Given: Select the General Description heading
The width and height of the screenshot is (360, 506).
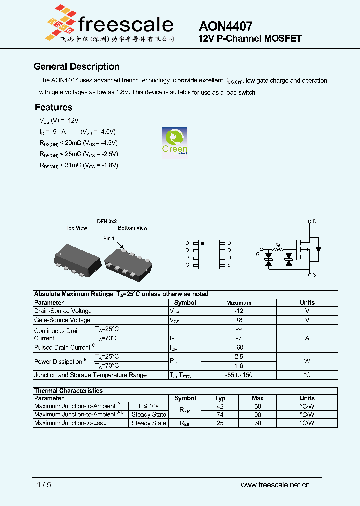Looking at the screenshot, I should click(76, 67).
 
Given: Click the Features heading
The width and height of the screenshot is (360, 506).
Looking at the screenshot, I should click(53, 107).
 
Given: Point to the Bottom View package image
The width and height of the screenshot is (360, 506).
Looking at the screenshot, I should click(129, 260).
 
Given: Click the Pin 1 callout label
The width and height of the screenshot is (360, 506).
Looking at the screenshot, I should click(109, 239).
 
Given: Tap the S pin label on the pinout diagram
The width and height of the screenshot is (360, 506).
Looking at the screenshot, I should click(229, 265).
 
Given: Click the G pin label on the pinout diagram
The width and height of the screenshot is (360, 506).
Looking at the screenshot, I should click(187, 265).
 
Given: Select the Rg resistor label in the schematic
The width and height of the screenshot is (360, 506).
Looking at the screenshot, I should click(278, 244).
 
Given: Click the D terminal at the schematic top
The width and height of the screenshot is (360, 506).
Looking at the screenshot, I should click(314, 221).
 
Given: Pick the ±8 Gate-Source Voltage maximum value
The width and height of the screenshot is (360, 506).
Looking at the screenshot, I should click(238, 320).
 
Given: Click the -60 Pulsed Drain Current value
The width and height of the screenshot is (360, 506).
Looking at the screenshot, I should click(238, 347).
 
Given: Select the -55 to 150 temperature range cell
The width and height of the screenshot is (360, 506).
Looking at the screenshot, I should click(238, 375).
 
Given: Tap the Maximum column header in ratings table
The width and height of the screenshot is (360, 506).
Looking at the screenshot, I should click(238, 303).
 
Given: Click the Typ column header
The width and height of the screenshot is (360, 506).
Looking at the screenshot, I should click(220, 398).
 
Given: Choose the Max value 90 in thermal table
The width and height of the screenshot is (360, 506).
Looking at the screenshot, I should click(258, 414).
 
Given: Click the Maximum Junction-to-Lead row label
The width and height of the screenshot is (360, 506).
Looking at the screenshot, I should click(70, 423).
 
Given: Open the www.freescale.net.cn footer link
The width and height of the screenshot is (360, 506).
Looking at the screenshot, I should click(275, 485).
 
